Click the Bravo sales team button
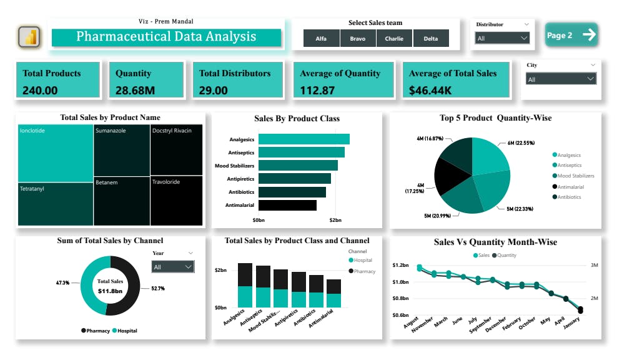[358, 39]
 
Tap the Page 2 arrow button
[571, 35]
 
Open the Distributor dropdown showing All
[503, 38]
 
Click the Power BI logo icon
[29, 36]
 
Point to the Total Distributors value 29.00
[213, 90]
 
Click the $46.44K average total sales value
[430, 90]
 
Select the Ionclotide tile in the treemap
[56, 153]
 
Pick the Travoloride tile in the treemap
[176, 200]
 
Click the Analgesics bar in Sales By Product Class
[304, 139]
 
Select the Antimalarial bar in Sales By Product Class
[287, 205]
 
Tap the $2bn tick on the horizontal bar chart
[335, 221]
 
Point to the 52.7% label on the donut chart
[158, 289]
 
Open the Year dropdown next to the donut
[173, 267]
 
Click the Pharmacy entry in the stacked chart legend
[364, 271]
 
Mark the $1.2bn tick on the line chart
[401, 266]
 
